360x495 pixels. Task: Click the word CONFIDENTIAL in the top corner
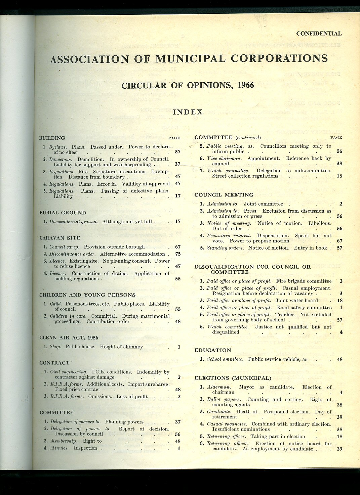[319, 34]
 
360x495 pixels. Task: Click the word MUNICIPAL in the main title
[190, 59]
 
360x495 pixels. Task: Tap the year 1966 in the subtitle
[245, 85]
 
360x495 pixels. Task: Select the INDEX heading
[188, 112]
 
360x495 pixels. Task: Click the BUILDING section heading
[52, 138]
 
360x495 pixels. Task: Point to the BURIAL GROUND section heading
[63, 213]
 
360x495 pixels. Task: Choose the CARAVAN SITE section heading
[60, 238]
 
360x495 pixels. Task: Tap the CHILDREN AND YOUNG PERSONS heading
[87, 295]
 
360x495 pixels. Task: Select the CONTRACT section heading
[54, 363]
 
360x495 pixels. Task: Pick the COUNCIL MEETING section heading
[224, 195]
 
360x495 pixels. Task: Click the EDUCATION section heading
[213, 350]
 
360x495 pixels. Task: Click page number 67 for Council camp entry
[178, 247]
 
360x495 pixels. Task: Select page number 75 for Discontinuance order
[178, 254]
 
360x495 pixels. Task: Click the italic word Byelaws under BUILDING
[57, 147]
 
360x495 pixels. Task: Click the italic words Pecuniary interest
[229, 235]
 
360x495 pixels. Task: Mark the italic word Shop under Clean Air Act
[55, 347]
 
